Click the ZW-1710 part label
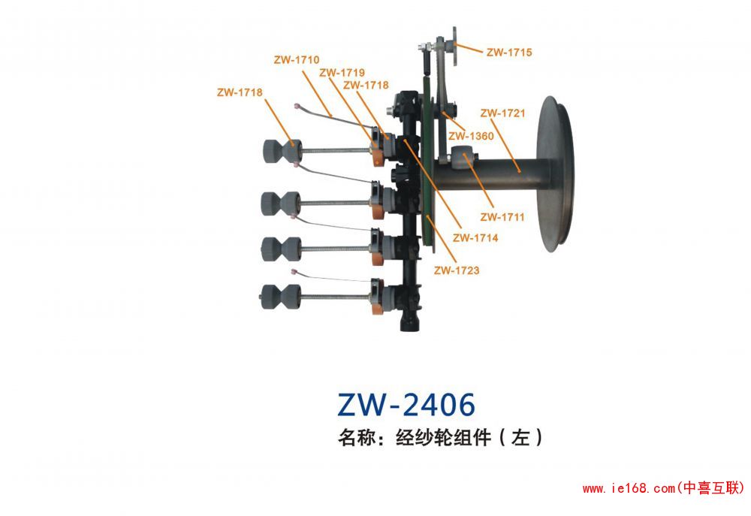click(x=298, y=59)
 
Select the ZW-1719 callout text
click(x=342, y=73)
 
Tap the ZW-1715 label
click(x=509, y=53)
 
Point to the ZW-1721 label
click(x=503, y=113)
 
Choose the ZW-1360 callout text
click(x=471, y=137)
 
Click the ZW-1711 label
click(x=502, y=217)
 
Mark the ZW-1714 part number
click(x=475, y=237)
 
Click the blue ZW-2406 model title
click(x=406, y=405)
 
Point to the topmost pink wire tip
click(x=300, y=105)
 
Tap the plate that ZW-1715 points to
click(x=454, y=37)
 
